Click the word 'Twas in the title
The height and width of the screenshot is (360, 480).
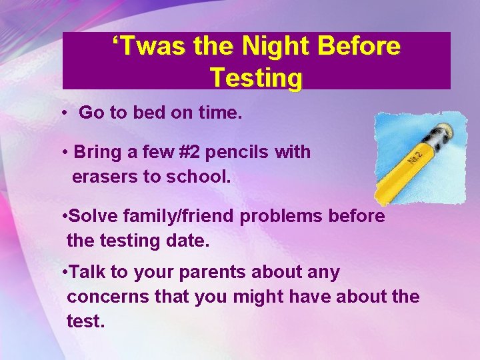pos(148,47)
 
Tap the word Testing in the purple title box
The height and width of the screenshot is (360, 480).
pos(256,78)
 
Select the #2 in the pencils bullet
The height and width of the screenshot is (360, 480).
pos(189,152)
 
